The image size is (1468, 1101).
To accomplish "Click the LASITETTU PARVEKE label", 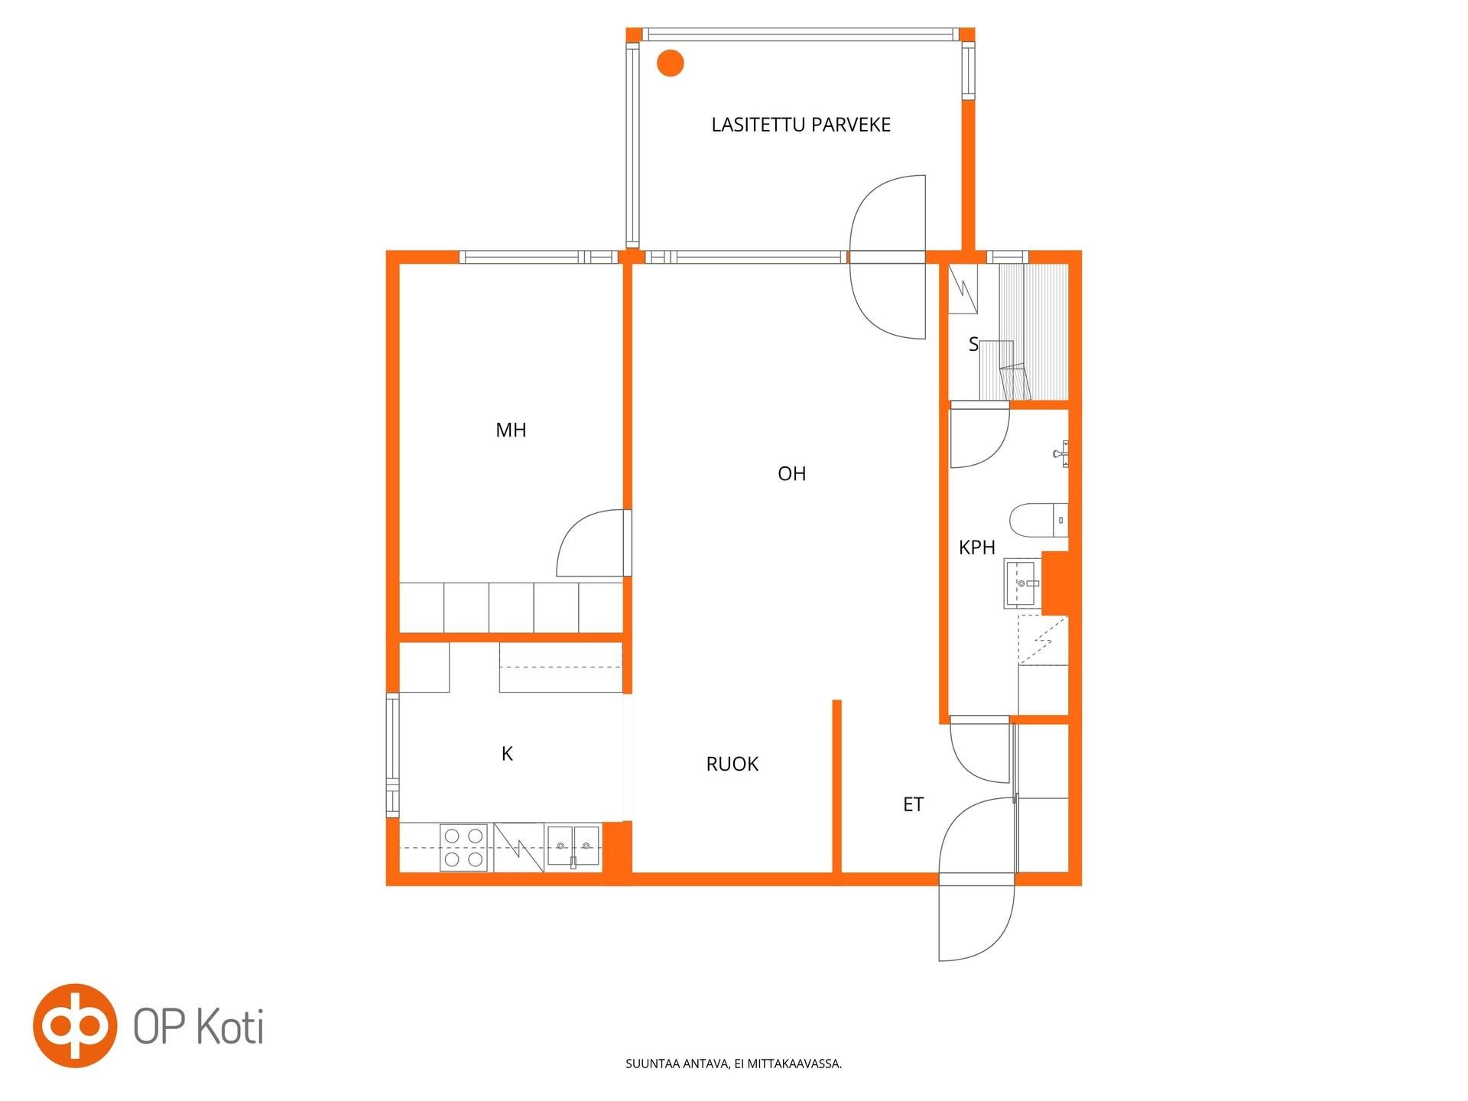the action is click(x=801, y=125).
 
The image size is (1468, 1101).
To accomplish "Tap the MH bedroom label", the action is click(x=511, y=430).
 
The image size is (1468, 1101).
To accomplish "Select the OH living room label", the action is click(x=791, y=474).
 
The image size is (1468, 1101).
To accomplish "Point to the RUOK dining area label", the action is click(x=732, y=764).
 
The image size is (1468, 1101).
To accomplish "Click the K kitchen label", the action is click(x=507, y=755).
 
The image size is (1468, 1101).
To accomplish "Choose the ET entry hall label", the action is click(x=913, y=804).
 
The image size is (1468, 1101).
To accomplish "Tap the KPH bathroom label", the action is click(x=977, y=547).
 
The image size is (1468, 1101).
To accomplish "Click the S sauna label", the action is click(x=973, y=344).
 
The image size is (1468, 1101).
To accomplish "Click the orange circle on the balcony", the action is click(x=671, y=63).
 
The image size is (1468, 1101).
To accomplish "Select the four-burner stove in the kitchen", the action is click(x=463, y=848).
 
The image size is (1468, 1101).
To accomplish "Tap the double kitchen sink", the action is click(x=573, y=846).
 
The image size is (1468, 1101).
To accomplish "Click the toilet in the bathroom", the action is click(x=1038, y=521).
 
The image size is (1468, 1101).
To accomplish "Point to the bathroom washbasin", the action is click(x=1022, y=583).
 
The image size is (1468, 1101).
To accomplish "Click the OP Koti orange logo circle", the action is click(x=75, y=1025).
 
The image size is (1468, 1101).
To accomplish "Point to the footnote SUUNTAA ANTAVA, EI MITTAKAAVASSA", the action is click(x=734, y=1064).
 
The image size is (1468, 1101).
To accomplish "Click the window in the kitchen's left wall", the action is click(x=392, y=755).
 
